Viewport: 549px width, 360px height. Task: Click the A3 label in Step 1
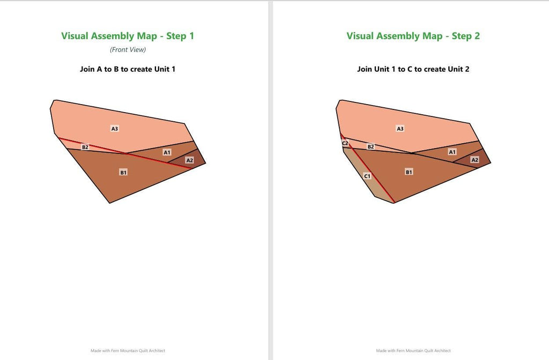[x=115, y=129]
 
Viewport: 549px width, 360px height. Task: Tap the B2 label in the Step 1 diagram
[x=85, y=147]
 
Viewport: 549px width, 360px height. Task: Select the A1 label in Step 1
[x=167, y=152]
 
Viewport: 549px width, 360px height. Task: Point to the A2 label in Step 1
[x=189, y=160]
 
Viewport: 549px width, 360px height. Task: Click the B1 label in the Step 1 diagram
[x=123, y=172]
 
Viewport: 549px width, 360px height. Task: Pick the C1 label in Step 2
[x=367, y=176]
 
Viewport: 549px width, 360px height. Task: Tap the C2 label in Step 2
[x=345, y=143]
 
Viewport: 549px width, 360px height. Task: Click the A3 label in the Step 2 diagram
[x=400, y=129]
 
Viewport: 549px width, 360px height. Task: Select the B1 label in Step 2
[x=409, y=172]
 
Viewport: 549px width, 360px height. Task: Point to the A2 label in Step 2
[x=475, y=160]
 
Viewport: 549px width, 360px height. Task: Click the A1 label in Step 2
[x=452, y=152]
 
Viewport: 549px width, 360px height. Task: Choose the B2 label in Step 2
[x=370, y=146]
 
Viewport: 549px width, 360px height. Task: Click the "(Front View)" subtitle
[x=128, y=50]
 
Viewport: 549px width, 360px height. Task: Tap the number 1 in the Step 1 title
[x=191, y=36]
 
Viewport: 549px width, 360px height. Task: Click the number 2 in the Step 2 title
[x=477, y=36]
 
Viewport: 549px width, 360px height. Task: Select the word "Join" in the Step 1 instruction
[x=87, y=69]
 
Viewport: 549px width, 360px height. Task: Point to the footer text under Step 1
[x=128, y=350]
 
